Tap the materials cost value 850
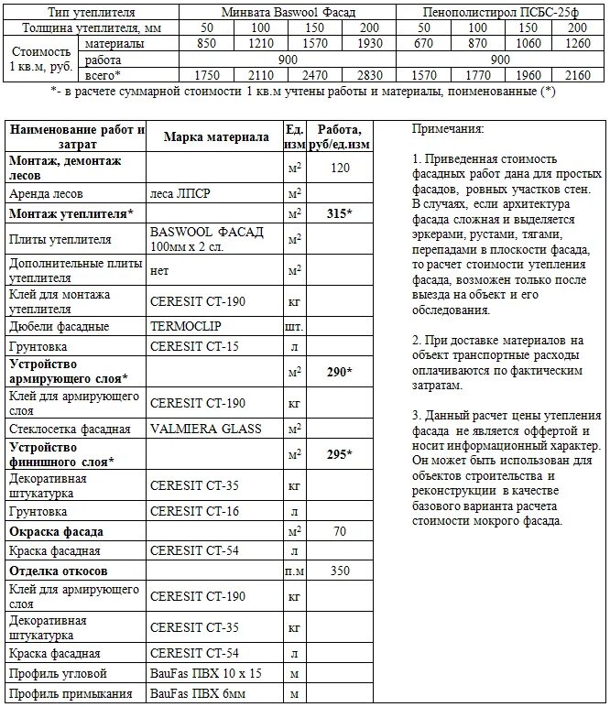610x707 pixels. click(x=207, y=43)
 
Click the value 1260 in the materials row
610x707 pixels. click(x=578, y=43)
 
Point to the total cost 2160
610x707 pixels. click(x=578, y=74)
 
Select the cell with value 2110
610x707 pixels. click(x=261, y=74)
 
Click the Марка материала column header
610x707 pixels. click(x=216, y=136)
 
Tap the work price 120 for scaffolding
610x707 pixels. click(x=340, y=168)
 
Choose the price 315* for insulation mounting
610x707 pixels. click(x=340, y=212)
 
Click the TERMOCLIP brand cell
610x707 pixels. click(x=186, y=325)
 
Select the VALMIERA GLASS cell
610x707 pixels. click(x=205, y=428)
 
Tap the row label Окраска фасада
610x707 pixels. click(x=56, y=531)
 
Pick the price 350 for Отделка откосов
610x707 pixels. click(x=340, y=571)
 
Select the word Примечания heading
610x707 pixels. click(x=448, y=129)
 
